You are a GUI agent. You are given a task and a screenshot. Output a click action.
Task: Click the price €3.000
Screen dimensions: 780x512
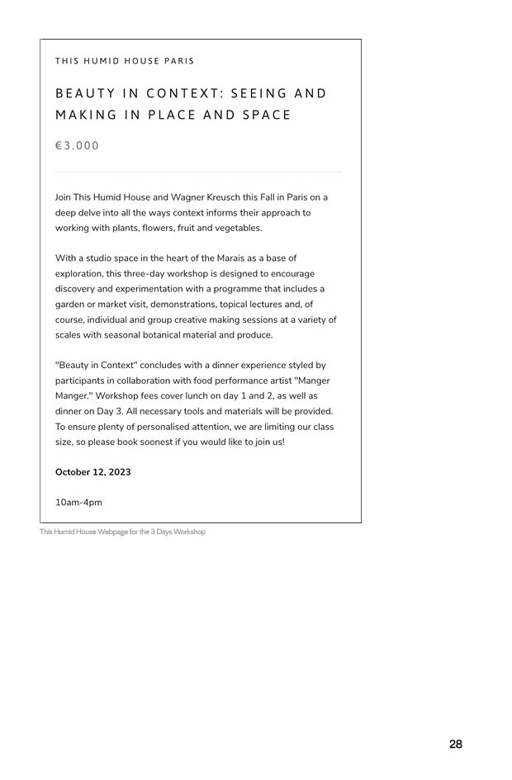coord(77,146)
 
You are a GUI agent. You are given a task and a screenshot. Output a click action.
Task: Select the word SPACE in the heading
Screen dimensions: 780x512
coord(267,115)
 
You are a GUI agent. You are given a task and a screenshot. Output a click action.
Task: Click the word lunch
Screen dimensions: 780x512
coord(209,396)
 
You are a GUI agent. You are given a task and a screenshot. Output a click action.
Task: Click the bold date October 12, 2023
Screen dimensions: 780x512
coord(92,472)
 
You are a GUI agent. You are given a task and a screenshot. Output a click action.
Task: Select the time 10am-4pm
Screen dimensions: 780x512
coord(78,503)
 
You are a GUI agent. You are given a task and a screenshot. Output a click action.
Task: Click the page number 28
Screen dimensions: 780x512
coord(456,745)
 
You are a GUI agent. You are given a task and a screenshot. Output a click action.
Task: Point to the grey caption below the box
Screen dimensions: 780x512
coord(122,532)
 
